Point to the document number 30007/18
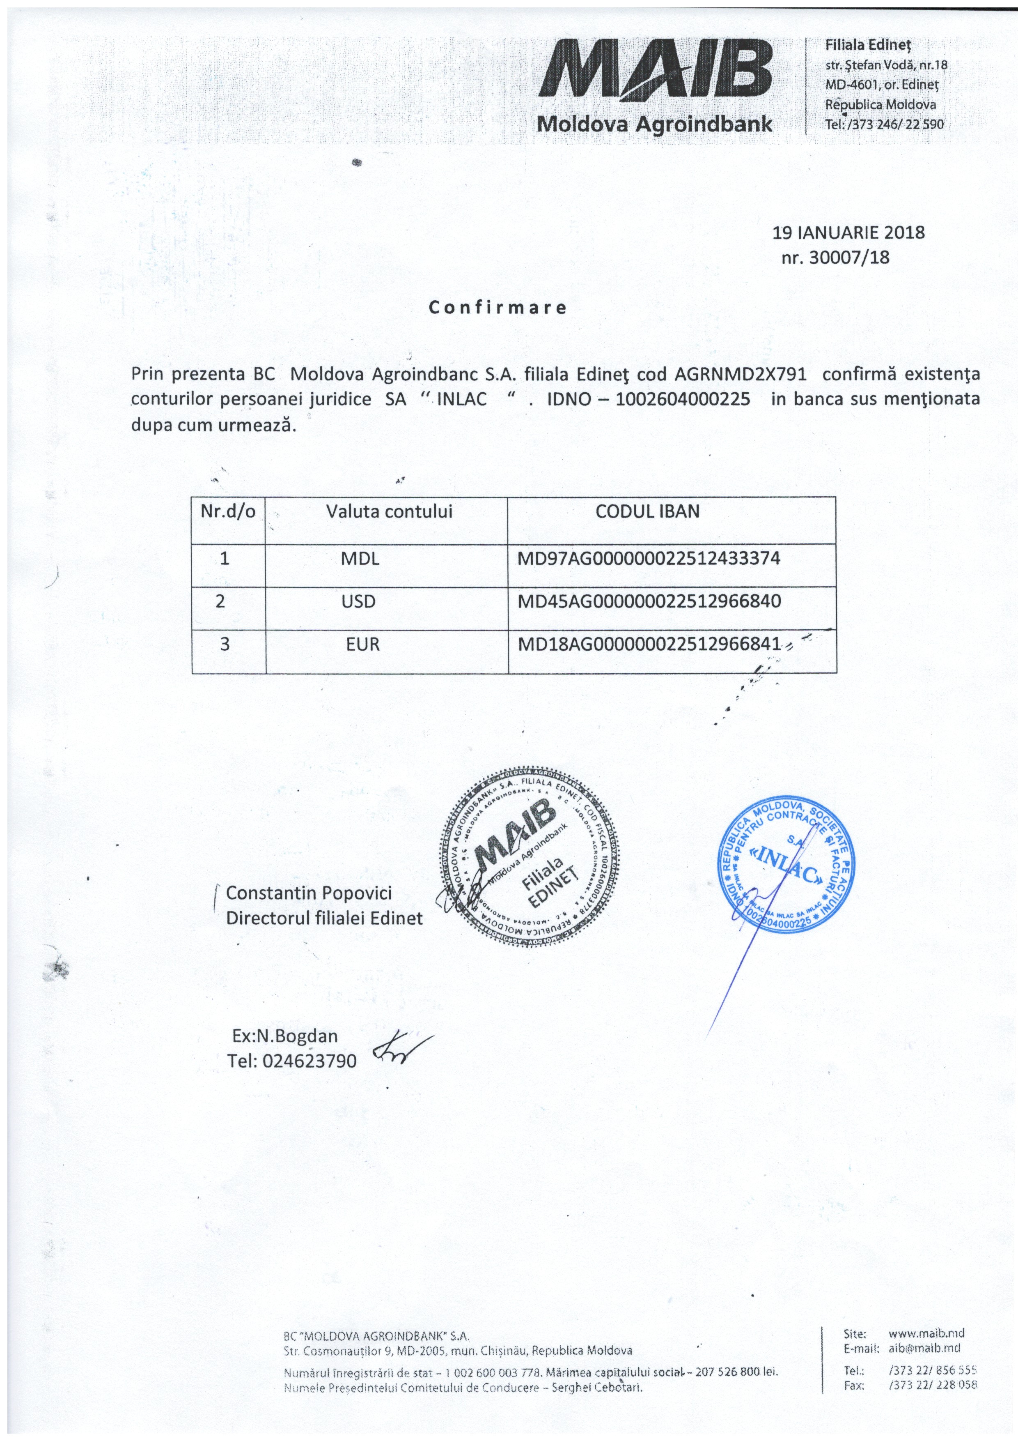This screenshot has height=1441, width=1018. [849, 257]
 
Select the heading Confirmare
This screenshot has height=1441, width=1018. [498, 308]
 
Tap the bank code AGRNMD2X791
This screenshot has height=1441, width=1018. [740, 374]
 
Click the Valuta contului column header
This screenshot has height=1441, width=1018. [389, 511]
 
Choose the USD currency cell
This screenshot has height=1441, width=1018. [358, 602]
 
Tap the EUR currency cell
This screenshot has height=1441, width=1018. [362, 645]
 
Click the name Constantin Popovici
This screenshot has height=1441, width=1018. [309, 893]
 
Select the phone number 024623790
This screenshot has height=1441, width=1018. [310, 1061]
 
